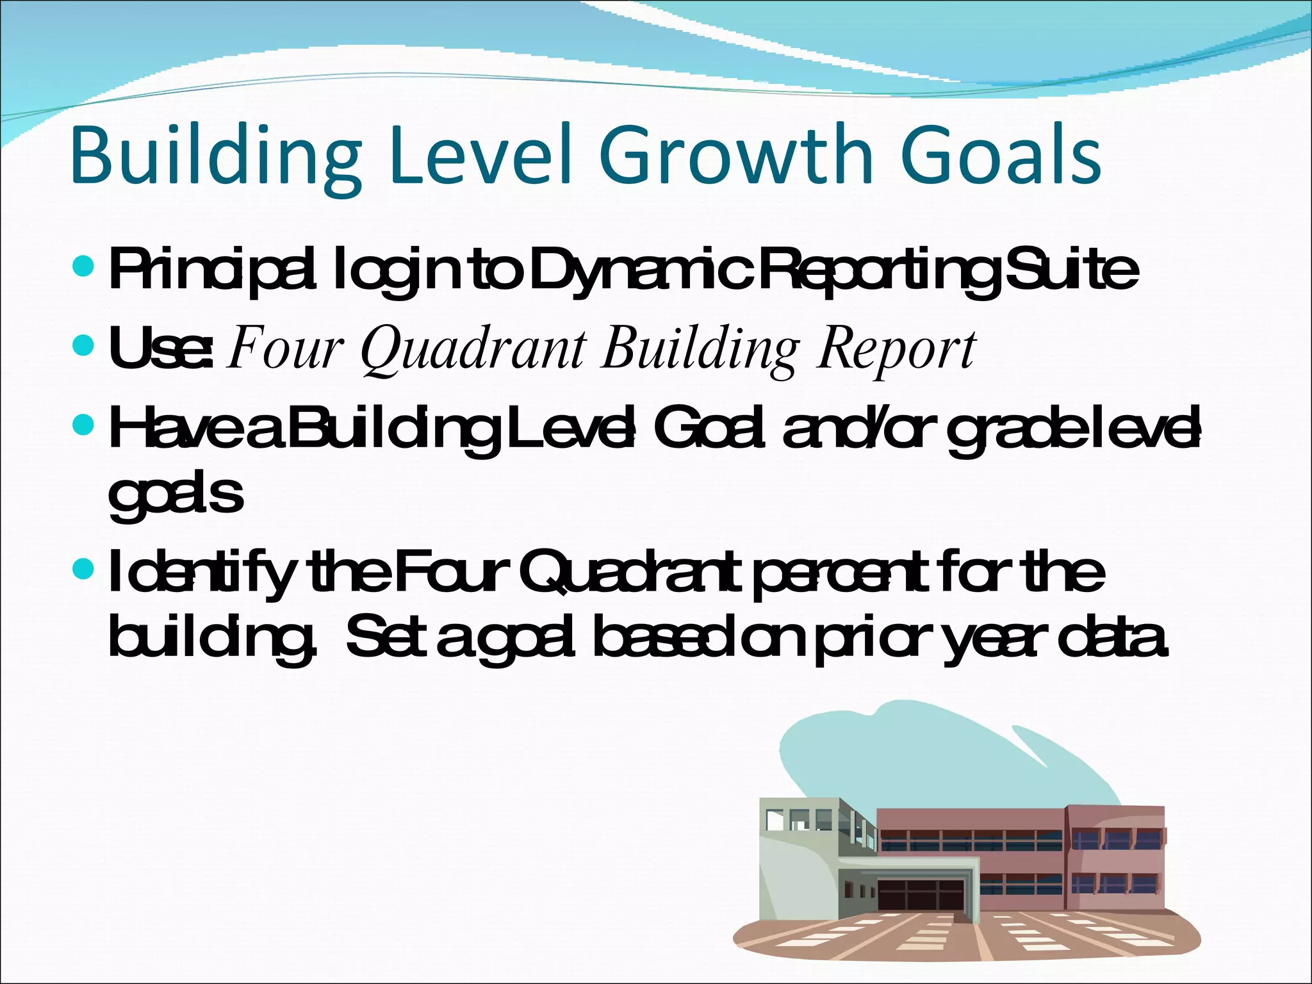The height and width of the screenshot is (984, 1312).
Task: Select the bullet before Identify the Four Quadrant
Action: [x=84, y=568]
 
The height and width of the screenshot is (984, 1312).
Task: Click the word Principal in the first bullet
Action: [x=211, y=269]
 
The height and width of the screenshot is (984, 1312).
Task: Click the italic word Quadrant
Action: [x=473, y=350]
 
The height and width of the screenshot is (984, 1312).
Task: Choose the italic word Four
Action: [x=284, y=350]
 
